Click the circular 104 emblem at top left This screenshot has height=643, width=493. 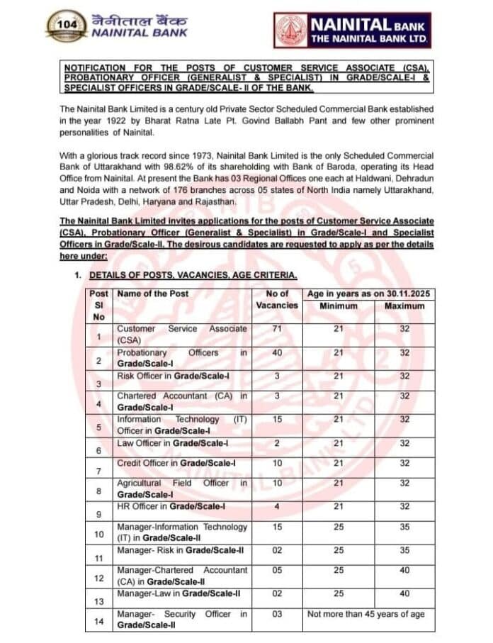[x=67, y=26]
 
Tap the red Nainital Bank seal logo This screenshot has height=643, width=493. [x=291, y=30]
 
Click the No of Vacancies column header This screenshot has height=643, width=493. [x=276, y=299]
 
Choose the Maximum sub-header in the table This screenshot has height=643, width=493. [x=404, y=306]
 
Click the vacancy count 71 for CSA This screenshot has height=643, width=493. [x=276, y=329]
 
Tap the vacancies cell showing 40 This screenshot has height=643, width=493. [x=276, y=352]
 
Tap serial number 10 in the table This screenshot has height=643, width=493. [x=99, y=533]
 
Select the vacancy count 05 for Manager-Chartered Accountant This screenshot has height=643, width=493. [x=276, y=570]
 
